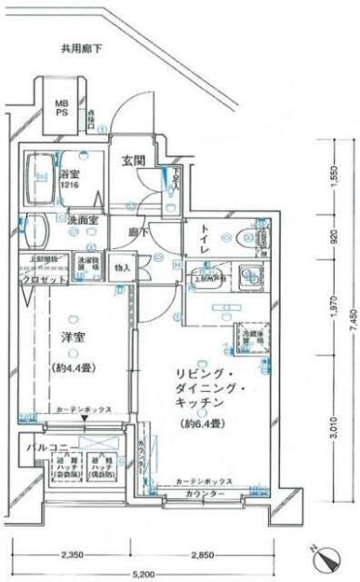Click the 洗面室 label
click(83, 221)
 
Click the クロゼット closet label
click(40, 281)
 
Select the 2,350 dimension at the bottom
click(74, 555)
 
